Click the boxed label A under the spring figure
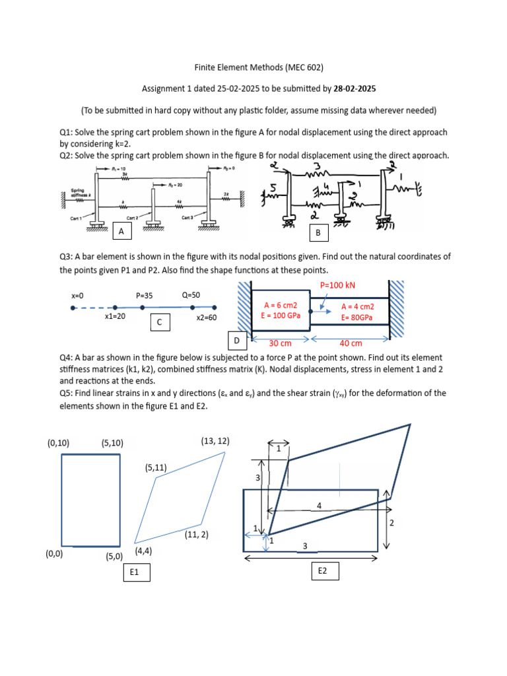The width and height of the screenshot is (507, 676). click(x=120, y=232)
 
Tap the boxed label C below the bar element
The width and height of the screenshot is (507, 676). click(x=159, y=322)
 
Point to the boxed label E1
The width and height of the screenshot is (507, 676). click(x=135, y=572)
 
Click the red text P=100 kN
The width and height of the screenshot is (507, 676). click(x=337, y=285)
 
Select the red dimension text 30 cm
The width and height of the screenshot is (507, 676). click(x=281, y=343)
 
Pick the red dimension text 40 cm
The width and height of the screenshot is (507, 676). click(x=351, y=343)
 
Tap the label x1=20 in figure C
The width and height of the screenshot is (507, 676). click(x=115, y=317)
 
